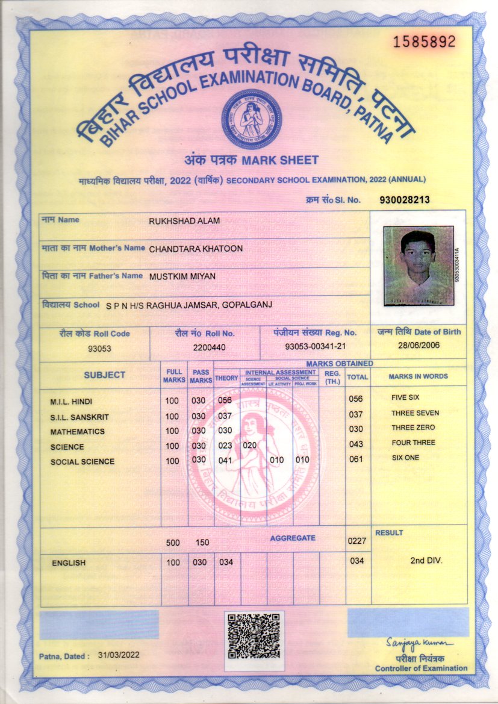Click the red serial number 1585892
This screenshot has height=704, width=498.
tap(424, 42)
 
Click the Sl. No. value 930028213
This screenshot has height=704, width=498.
tap(405, 200)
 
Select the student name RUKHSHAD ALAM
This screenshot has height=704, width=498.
tap(184, 221)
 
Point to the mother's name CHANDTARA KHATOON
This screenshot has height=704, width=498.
tap(196, 249)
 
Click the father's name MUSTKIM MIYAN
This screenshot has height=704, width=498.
tap(182, 276)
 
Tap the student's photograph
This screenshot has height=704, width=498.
tap(418, 266)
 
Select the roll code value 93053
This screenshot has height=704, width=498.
tap(99, 349)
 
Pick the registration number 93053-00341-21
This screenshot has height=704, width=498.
tap(315, 347)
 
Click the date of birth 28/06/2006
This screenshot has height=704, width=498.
tap(419, 345)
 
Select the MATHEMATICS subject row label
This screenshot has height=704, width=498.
tap(77, 432)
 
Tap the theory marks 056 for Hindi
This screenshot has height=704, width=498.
tap(225, 400)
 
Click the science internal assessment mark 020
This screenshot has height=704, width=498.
tap(250, 446)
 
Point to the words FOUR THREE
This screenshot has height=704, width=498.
tap(413, 443)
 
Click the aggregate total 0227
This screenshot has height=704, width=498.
tap(357, 541)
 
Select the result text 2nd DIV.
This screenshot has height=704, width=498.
tap(426, 561)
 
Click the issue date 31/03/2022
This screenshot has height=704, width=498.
tap(118, 655)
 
